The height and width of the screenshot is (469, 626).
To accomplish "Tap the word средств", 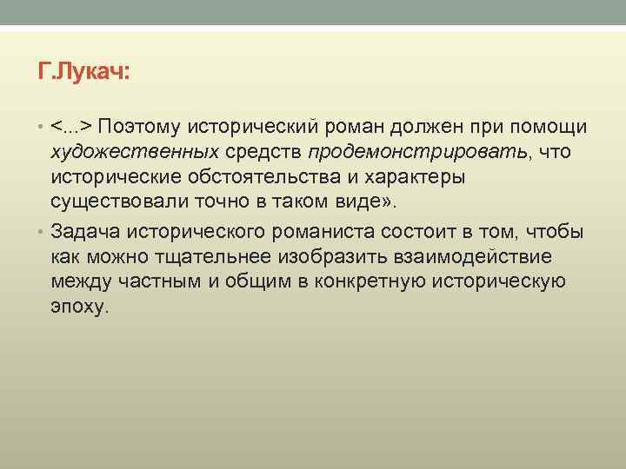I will pyautogui.click(x=263, y=153).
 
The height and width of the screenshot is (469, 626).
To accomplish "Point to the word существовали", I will pyautogui.click(x=110, y=204).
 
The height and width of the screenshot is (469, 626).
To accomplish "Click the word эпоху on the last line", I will pyautogui.click(x=79, y=307).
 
